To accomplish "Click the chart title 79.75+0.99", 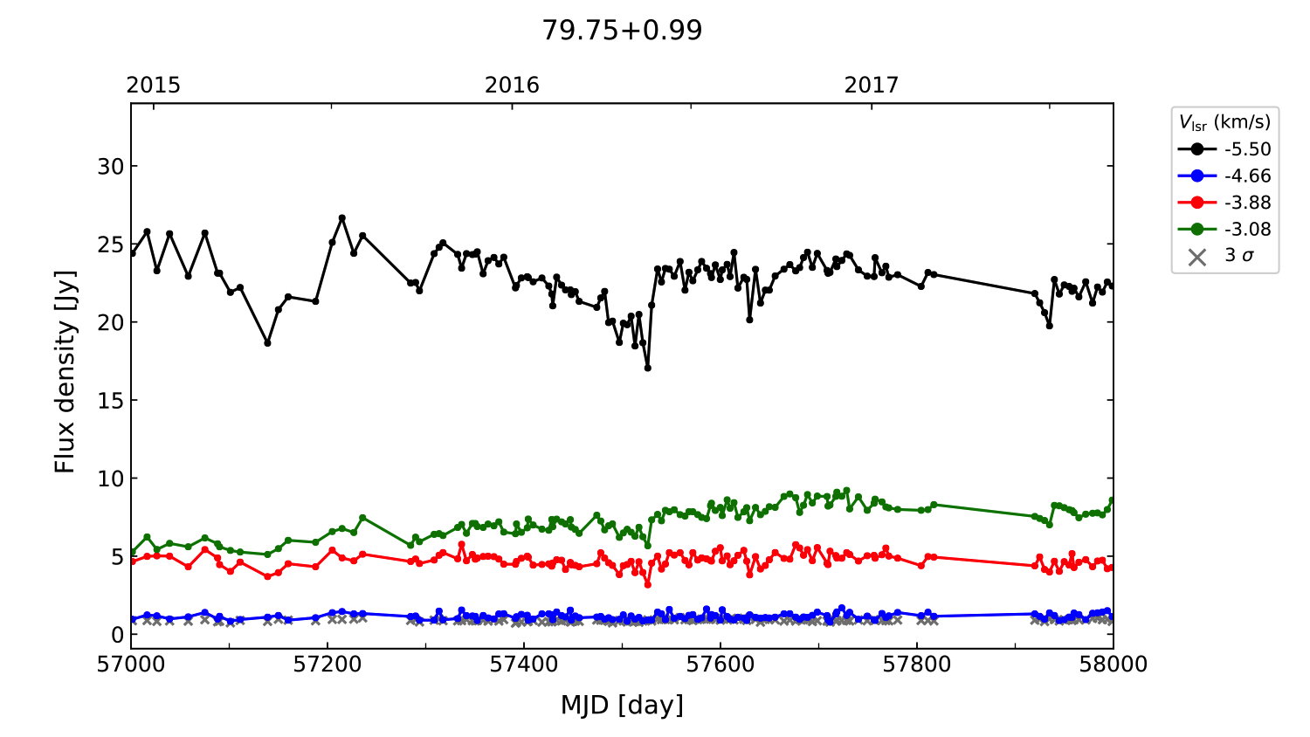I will pos(622,31).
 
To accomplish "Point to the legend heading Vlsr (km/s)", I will pos(1224,122).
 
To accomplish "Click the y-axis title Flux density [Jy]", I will pos(65,372).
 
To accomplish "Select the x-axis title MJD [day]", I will pos(622,705).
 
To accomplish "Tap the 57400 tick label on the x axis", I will pos(524,665).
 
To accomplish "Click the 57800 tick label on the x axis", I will pos(917,665).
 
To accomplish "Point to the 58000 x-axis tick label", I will pos(1113,665).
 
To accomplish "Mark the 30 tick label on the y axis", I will pos(112,166).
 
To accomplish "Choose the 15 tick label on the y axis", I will pos(112,400).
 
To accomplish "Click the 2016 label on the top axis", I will pos(512,85).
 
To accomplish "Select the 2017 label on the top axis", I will pos(871,85).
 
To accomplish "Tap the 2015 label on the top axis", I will pos(153,85).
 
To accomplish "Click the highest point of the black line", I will pos(342,217).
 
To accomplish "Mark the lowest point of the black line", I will pos(648,368).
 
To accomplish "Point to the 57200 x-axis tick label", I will pos(327,665).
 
